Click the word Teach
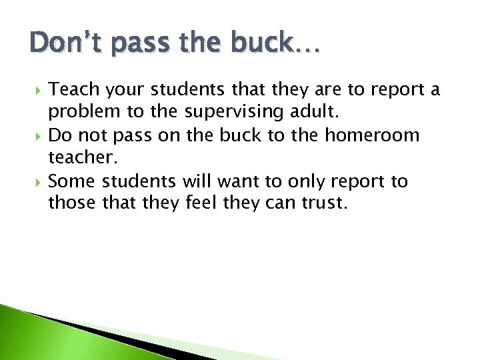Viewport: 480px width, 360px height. (x=72, y=89)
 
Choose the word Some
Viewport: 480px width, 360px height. (x=72, y=181)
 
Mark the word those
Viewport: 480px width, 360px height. (x=72, y=204)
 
